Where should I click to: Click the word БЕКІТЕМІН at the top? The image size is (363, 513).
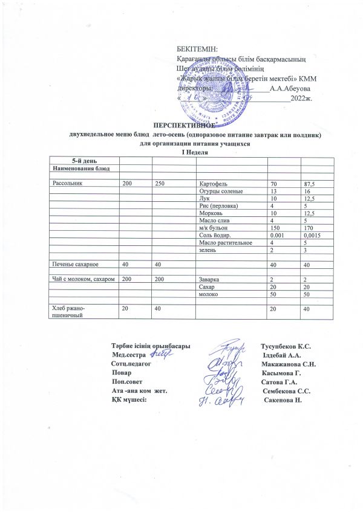tap(197, 49)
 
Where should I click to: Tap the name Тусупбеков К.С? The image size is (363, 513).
tap(285, 346)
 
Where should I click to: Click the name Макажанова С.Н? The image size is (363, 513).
tap(288, 365)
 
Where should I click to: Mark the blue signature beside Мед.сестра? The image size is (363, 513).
tap(162, 355)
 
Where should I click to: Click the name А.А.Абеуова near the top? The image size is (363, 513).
tap(290, 89)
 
